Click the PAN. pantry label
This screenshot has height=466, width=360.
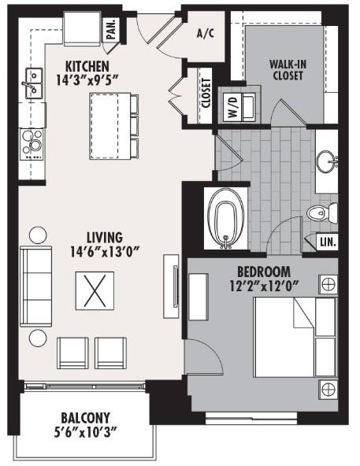111,29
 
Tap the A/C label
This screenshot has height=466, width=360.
206,34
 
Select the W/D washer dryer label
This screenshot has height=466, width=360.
234,107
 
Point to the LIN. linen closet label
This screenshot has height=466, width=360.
328,242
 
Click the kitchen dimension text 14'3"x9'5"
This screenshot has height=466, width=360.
87,80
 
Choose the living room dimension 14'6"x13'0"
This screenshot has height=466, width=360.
105,252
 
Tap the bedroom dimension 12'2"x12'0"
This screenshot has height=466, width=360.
264,287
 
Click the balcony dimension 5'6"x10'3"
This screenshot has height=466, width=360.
85,432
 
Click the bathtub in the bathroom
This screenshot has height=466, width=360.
226,218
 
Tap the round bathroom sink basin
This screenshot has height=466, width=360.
327,161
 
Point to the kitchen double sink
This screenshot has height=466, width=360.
34,83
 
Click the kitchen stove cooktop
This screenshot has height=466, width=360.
32,144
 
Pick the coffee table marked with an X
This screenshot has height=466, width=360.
95,290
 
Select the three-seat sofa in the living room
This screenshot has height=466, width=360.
35,287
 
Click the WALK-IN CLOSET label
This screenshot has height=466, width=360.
288,70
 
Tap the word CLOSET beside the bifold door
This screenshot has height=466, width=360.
206,93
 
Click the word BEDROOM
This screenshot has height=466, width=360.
264,272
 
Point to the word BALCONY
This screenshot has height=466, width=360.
85,418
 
